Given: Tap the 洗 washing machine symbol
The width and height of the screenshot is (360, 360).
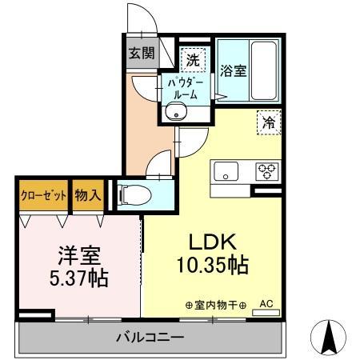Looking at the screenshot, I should click(193, 58).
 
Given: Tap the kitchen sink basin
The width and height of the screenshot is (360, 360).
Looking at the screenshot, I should click(225, 170).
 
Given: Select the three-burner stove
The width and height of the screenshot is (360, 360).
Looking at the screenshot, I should click(266, 170).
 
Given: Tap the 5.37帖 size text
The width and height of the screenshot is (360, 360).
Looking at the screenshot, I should click(78, 279).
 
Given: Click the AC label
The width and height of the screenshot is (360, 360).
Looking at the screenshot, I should click(267, 304).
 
